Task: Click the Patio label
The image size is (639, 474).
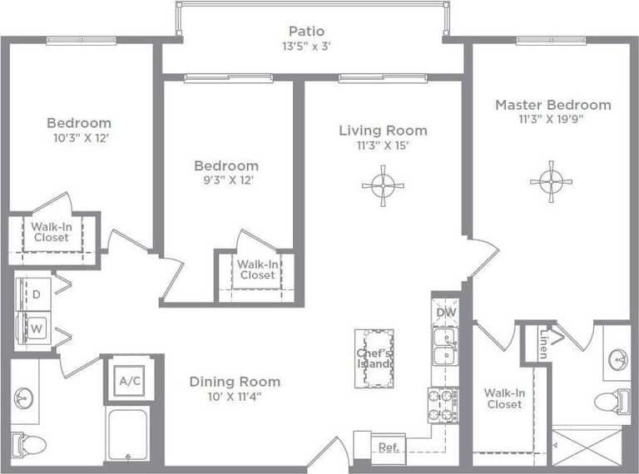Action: tap(306, 32)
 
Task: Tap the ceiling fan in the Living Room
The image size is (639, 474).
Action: tap(383, 185)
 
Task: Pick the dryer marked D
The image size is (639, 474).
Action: tap(36, 294)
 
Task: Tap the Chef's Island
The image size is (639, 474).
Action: tap(374, 358)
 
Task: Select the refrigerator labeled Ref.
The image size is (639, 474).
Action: tap(388, 447)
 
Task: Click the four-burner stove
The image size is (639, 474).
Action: tap(444, 405)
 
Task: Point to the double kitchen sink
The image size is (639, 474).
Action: tap(445, 348)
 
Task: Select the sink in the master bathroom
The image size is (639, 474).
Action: tap(617, 360)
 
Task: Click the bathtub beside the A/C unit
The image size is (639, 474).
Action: tap(127, 435)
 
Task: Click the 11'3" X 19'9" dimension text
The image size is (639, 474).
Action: tap(552, 119)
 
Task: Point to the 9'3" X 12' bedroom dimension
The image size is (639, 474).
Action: tap(225, 180)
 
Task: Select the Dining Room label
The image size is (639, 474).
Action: tap(235, 382)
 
